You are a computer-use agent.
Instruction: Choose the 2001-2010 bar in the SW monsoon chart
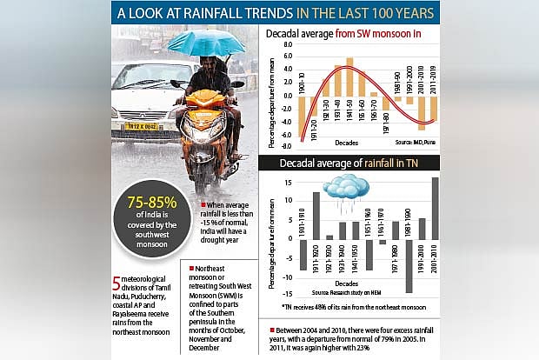422,112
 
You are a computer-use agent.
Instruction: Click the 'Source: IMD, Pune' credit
416,140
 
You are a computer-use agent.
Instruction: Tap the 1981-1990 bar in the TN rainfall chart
409,266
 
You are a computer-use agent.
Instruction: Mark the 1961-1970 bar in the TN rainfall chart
383,242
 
